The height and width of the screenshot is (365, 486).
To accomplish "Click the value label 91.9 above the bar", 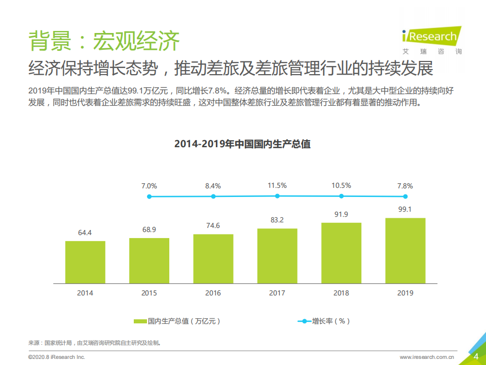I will click(341, 215).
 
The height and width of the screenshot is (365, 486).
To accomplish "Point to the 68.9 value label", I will click(149, 229).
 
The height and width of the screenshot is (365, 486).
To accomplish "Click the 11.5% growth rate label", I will click(277, 186).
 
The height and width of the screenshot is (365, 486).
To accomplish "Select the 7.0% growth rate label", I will click(149, 186).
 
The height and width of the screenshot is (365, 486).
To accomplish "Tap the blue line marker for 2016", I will click(213, 196).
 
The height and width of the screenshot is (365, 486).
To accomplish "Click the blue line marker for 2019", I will click(405, 196).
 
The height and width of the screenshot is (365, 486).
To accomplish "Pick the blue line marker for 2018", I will click(341, 196).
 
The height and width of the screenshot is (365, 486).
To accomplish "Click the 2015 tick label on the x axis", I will click(149, 293).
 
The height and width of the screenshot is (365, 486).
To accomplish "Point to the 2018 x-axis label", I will click(341, 293).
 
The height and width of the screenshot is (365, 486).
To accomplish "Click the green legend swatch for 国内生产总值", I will click(140, 321).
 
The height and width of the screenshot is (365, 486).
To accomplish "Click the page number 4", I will click(476, 356).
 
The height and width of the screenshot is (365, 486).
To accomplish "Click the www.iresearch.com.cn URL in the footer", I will click(427, 357).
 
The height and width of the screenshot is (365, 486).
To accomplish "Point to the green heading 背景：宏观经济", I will click(104, 41).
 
